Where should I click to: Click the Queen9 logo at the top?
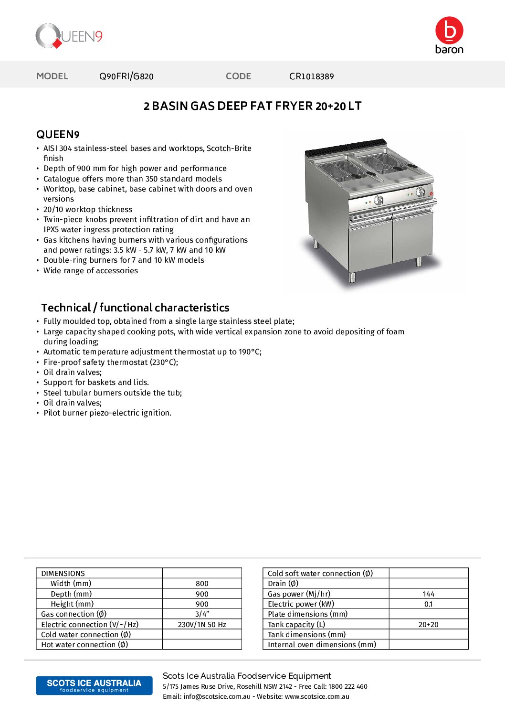point(69,36)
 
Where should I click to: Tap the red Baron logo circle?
point(449,31)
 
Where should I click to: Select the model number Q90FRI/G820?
point(126,76)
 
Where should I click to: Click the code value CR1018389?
point(311,76)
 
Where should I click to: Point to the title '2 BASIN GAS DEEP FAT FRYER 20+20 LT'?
point(252,106)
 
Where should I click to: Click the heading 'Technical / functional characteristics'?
point(135,308)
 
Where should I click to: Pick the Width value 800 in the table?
point(202,584)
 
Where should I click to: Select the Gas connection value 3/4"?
point(202,614)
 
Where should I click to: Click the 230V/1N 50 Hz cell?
point(202,625)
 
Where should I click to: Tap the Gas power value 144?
point(428,594)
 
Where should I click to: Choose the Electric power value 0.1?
point(428,604)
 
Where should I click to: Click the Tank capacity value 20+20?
point(428,625)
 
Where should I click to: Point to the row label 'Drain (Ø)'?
point(283,584)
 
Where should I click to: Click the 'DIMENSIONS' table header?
point(63,574)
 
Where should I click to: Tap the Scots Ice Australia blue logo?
point(94,685)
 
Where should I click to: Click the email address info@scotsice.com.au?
point(217,697)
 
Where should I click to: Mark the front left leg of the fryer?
point(352,277)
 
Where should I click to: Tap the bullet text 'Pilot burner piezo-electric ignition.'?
point(107,413)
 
